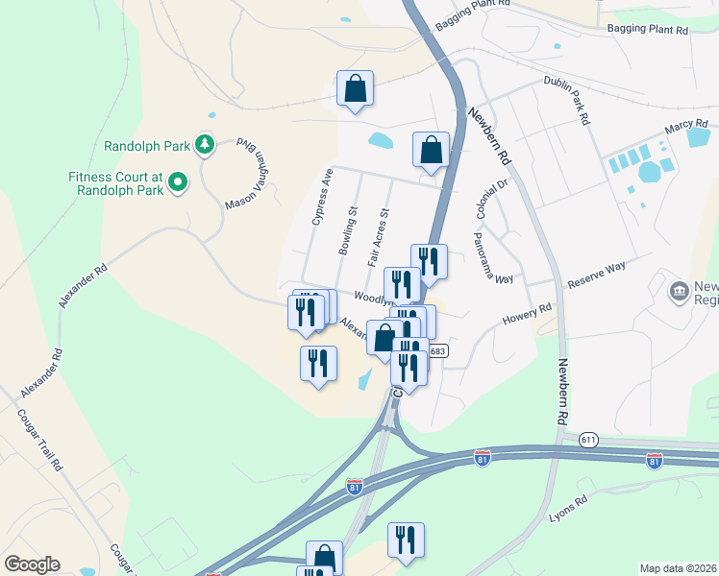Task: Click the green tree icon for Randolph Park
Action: tap(204, 145)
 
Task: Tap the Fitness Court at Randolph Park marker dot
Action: tap(177, 181)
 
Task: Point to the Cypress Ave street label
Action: tap(321, 197)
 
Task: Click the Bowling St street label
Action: tap(348, 230)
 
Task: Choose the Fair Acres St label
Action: tap(378, 238)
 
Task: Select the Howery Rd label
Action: tap(527, 315)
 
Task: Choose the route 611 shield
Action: tap(588, 439)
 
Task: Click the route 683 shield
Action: tap(438, 350)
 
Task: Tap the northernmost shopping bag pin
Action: tap(355, 89)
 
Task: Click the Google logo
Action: tap(32, 564)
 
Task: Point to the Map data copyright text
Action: tap(678, 568)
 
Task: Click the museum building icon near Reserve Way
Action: tap(680, 289)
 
